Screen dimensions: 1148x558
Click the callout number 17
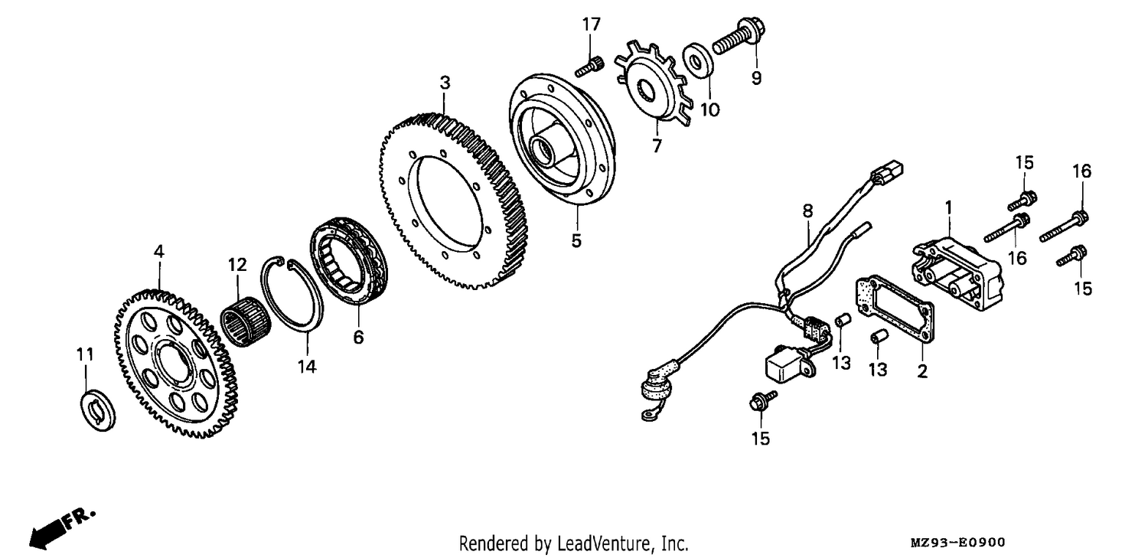pos(591,24)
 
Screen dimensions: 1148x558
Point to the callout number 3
pos(445,83)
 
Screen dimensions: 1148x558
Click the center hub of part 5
pos(546,149)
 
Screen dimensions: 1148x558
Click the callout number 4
pos(159,252)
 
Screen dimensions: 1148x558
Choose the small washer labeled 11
pos(99,410)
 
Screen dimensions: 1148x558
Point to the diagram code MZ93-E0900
pos(957,543)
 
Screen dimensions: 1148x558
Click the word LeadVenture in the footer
pos(603,543)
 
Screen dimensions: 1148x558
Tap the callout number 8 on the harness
pos(807,210)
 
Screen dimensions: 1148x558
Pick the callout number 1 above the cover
pos(949,207)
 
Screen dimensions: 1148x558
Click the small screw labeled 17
pos(589,67)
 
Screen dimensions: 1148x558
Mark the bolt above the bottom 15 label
pos(762,400)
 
